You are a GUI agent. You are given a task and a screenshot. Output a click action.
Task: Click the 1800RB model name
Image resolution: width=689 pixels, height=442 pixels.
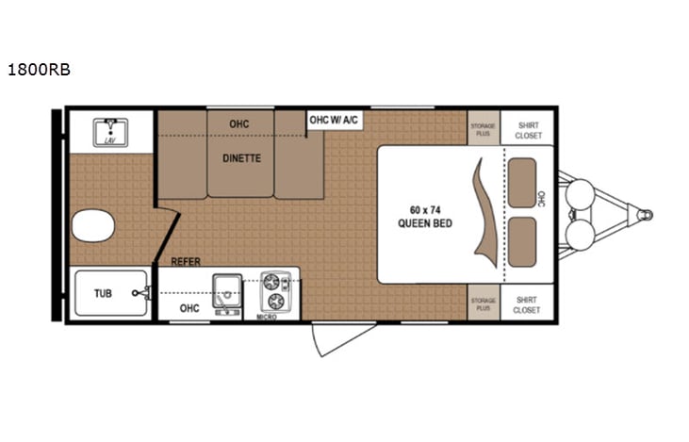point(38,70)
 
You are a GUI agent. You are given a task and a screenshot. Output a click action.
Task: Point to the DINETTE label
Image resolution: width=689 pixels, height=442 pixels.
point(241,158)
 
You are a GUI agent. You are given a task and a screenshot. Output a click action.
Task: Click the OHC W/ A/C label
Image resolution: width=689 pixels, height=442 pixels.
point(335,120)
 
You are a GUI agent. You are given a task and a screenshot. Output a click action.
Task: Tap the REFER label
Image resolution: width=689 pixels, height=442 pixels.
point(186,262)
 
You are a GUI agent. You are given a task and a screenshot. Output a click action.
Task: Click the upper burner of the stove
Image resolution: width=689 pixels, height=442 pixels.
point(274,281)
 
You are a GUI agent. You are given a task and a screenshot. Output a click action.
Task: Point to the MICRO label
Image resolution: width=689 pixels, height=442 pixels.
point(267,317)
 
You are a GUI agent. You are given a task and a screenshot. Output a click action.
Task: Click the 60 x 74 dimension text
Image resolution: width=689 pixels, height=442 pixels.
point(424,208)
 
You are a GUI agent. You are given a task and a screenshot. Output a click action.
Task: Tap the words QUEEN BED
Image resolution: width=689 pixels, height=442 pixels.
point(424,223)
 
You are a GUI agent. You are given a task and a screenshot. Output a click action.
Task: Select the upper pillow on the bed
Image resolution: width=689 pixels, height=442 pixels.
point(522,176)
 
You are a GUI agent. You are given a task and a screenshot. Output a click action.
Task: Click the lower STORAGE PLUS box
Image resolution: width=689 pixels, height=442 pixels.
point(483,303)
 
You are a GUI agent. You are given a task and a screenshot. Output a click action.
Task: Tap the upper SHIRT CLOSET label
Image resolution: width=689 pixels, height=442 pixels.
point(528,129)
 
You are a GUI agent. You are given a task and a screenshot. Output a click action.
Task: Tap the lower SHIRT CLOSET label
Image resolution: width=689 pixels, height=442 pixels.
point(528,303)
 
